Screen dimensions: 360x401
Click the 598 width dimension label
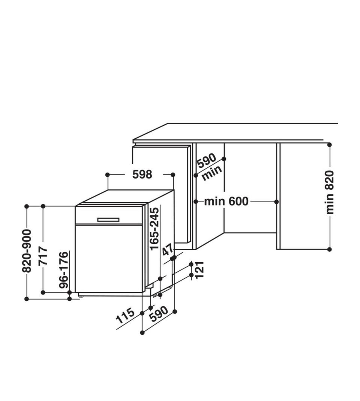click(x=142, y=174)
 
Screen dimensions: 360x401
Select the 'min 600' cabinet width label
click(x=226, y=201)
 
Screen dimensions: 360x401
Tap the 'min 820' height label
click(x=330, y=192)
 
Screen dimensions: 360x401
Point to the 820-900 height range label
click(x=27, y=251)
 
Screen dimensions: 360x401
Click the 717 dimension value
click(x=43, y=256)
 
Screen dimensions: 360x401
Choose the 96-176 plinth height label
click(x=64, y=270)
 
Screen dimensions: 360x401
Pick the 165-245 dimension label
click(x=154, y=228)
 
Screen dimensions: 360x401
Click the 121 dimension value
click(x=199, y=270)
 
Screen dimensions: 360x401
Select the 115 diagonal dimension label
click(x=125, y=315)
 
